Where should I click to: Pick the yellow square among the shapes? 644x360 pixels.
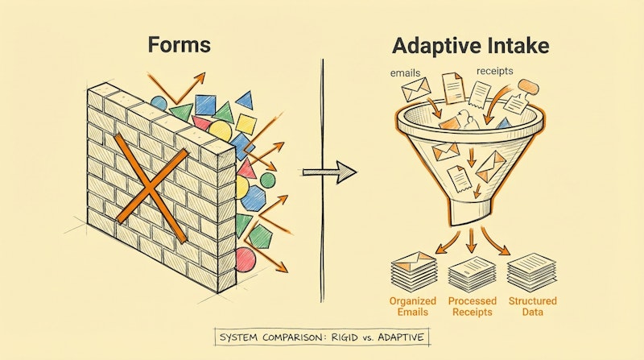pos(246,123)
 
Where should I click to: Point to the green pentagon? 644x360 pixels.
pos(260,236)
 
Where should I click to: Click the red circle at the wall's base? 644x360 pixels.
pos(245,257)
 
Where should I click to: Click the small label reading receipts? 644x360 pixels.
pos(494,72)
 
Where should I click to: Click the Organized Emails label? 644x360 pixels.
pos(412,307)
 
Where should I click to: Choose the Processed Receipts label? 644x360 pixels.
pos(473,307)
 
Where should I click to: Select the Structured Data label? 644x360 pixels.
pos(532,307)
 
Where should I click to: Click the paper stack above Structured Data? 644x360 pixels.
pos(532,271)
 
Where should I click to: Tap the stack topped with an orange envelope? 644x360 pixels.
pos(412,270)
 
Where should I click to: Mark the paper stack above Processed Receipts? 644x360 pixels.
pos(473,272)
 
